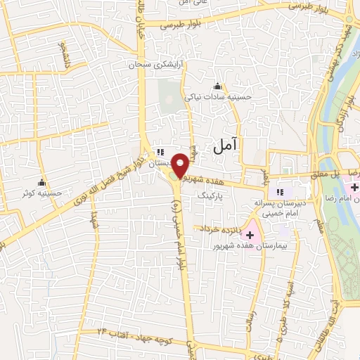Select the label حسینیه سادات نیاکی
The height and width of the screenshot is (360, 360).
pos(217,97)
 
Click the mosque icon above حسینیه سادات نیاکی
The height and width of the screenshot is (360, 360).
pos(217,86)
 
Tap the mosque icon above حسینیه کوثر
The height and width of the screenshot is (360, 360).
pos(41,182)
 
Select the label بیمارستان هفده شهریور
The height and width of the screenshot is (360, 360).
pos(245,247)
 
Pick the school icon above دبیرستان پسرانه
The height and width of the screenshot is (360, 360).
pos(280,191)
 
